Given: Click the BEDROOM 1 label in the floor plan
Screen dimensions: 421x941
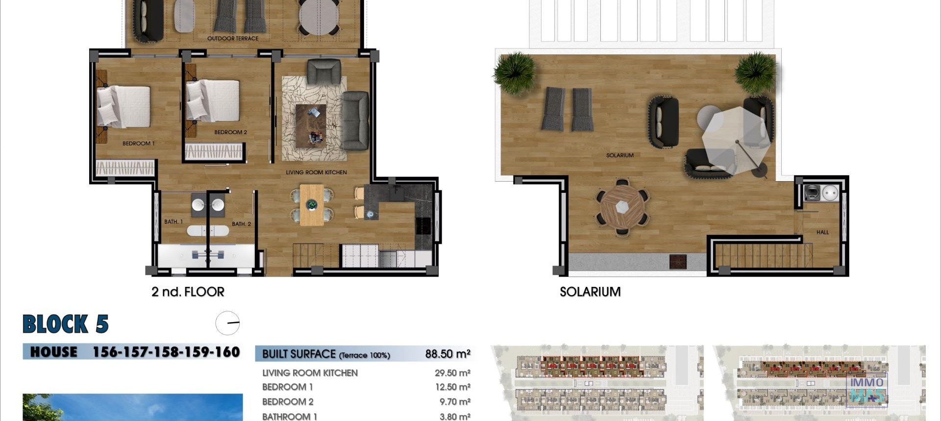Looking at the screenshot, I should (x=138, y=143).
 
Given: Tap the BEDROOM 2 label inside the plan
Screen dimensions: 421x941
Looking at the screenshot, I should (x=230, y=132).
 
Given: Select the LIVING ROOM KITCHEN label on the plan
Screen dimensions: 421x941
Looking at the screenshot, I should (x=316, y=172).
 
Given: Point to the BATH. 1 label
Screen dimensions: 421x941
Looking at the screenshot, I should (x=173, y=222).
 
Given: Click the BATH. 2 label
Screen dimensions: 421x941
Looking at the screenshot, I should (x=241, y=224).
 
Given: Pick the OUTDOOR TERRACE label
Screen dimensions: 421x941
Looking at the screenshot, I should (x=232, y=38).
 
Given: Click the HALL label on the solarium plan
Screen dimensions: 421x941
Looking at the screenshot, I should (x=822, y=232).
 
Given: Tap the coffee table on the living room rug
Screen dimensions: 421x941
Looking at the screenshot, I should (x=311, y=125).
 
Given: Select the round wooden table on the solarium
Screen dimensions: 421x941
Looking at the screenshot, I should (x=622, y=206).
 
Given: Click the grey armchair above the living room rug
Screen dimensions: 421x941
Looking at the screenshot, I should (x=323, y=72).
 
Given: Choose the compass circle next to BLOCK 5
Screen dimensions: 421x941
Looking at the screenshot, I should (x=228, y=323).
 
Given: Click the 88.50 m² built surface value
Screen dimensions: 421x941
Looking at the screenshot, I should (x=447, y=354).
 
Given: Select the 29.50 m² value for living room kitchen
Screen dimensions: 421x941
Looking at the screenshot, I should (x=452, y=373).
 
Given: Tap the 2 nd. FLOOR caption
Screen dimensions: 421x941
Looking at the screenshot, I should (x=188, y=292).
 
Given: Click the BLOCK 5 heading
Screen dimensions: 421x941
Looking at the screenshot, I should (x=66, y=324).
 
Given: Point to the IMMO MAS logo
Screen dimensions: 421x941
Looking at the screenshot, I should (x=867, y=389).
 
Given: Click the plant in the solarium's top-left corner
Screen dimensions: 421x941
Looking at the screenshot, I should (x=515, y=72).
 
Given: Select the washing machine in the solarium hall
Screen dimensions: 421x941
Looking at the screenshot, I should (x=812, y=193).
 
